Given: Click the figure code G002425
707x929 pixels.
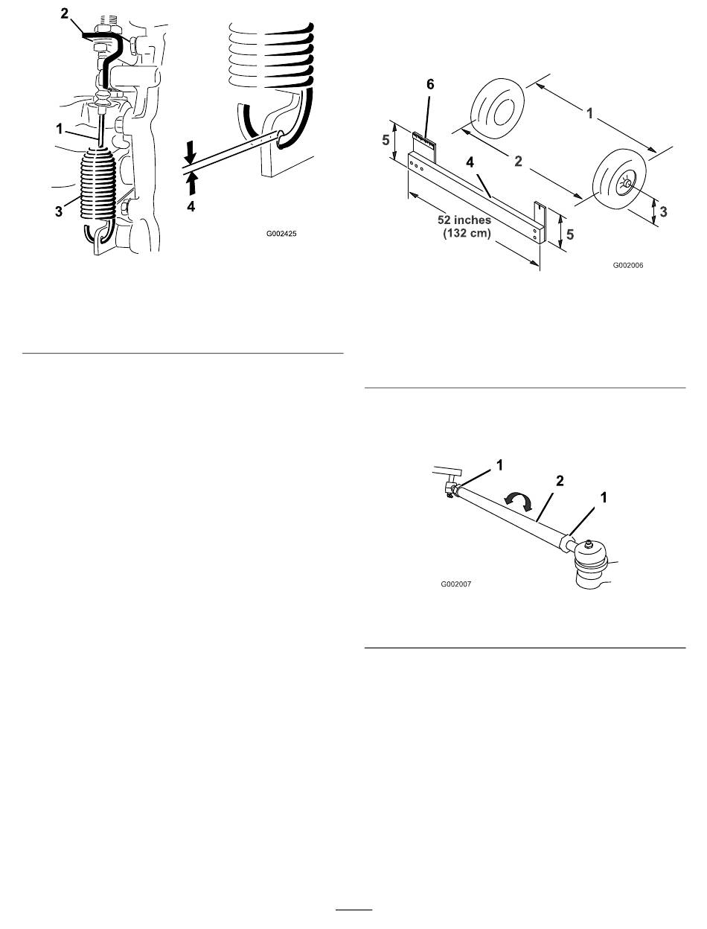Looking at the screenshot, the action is pos(281,233).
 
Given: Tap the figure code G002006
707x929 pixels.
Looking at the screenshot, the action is pos(628,265).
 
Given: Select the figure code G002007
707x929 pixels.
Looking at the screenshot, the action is pos(455,584).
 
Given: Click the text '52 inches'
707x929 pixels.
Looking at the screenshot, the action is pos(464,220).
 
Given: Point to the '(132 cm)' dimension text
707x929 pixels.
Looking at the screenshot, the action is pos(467,233).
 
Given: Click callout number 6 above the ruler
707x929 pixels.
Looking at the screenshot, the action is pos(430,85).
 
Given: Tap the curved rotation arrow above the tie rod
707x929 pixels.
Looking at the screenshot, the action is pos(519,502).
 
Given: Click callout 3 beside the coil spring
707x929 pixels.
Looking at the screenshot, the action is pos(58,211).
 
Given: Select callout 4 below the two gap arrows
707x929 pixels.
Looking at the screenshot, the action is pos(191,206).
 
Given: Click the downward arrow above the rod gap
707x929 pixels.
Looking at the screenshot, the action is pos(190,153).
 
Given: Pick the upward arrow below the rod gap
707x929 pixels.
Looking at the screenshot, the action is pos(191,184).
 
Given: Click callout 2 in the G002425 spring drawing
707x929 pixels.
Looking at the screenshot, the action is pos(64,13).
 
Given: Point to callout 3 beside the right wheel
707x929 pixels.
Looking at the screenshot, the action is pos(663,211).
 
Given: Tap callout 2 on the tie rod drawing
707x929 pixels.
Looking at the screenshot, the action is pos(560,481).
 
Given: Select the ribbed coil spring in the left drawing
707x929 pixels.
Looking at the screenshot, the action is pos(97,184).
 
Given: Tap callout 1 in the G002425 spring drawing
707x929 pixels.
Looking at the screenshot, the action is pos(60,129).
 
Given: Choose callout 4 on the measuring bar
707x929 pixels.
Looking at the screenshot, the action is pos(470,162).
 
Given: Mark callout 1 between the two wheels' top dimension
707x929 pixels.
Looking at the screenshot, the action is pos(589,113).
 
